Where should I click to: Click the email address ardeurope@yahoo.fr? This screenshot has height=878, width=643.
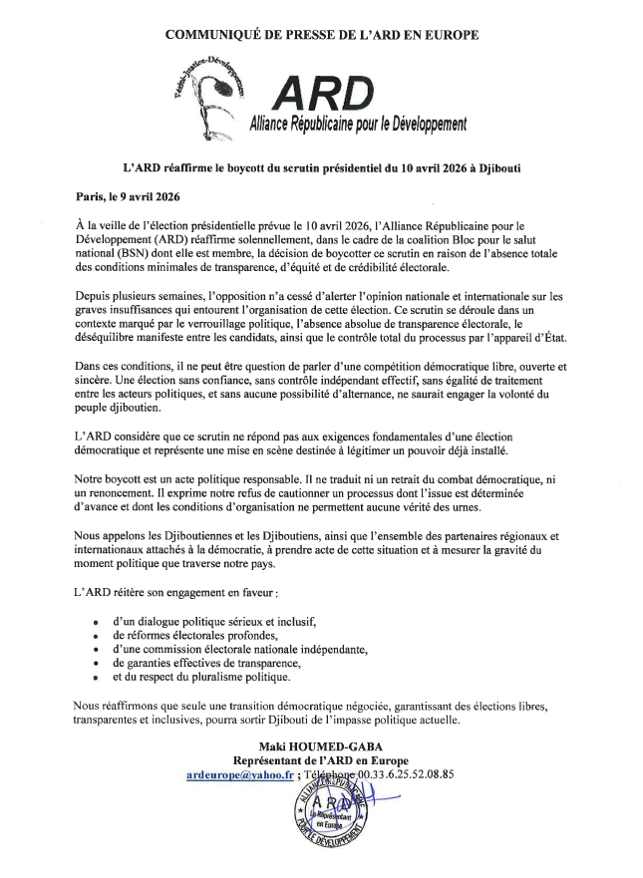coord(237,774)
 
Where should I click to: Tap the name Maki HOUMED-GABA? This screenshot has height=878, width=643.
coord(321,744)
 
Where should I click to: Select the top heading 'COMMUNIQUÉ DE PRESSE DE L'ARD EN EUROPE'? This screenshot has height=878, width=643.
coord(321,34)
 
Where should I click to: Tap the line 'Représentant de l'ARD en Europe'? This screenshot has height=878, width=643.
coord(321,759)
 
